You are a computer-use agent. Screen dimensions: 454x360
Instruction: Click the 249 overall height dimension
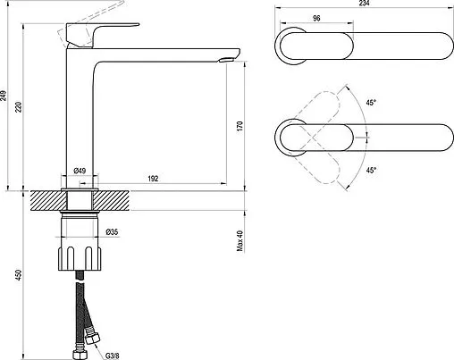pos(4,96)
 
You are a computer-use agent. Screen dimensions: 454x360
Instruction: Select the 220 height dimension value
pos(19,107)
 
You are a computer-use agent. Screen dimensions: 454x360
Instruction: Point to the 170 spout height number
pos(240,127)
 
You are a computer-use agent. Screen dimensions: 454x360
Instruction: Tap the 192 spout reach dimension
pos(153,179)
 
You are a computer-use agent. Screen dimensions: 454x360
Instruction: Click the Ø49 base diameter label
pos(80,171)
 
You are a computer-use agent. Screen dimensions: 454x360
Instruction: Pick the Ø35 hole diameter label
pos(112,231)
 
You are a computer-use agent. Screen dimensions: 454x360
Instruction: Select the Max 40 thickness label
pos(240,240)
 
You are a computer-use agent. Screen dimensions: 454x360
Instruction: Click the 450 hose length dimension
pos(19,275)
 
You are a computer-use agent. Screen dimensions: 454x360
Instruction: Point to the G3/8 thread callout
pos(113,356)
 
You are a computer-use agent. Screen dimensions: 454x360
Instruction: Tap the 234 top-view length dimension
pos(364,3)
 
